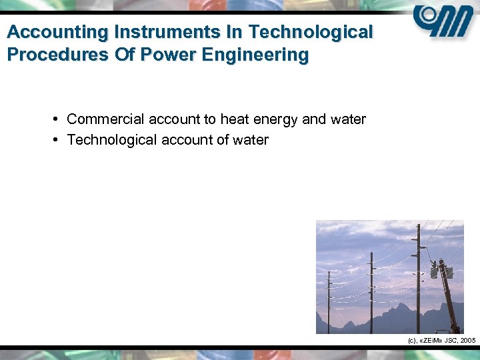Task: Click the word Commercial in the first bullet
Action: click(x=105, y=119)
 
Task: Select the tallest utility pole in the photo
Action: click(x=418, y=280)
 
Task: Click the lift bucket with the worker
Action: click(x=443, y=269)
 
